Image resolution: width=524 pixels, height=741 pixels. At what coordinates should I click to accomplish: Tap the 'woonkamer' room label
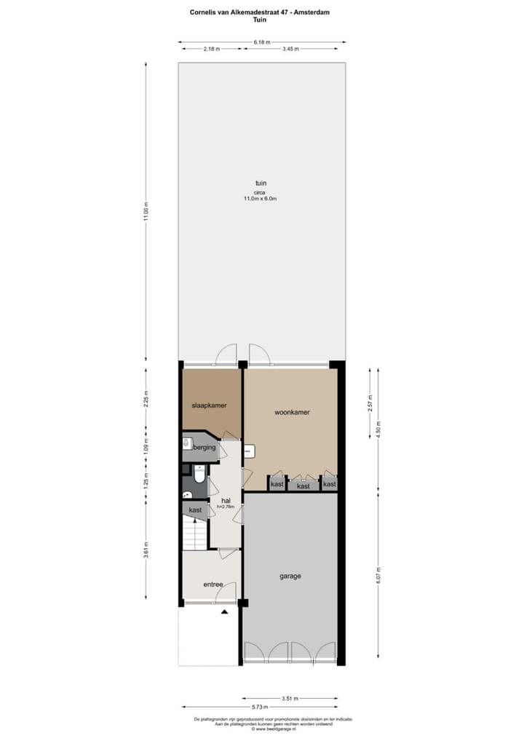point(292,412)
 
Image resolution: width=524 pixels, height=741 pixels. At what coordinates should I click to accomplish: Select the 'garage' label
point(290,576)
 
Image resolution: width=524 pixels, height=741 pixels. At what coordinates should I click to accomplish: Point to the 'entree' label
point(213,584)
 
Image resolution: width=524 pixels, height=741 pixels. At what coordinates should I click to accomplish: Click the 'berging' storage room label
point(205,448)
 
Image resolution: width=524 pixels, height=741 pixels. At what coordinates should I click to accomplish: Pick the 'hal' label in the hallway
point(226,501)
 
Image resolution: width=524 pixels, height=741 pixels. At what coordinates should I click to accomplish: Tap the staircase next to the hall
point(195,536)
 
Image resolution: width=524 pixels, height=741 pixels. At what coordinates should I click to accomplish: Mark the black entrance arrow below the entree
point(225,612)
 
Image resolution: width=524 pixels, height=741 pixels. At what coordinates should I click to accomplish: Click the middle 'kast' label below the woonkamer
point(303,486)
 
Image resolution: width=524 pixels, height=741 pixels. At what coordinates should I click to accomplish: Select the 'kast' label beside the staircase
point(195,510)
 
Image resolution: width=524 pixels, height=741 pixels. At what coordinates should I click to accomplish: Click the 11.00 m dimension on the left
point(146,211)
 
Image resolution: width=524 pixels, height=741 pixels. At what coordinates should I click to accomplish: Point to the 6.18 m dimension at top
point(262,42)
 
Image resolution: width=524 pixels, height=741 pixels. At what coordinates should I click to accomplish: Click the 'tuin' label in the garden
point(261,183)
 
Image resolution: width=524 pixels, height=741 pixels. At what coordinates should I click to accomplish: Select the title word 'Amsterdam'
point(318,12)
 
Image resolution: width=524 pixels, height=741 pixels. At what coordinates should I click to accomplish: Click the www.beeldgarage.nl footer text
point(274,728)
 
